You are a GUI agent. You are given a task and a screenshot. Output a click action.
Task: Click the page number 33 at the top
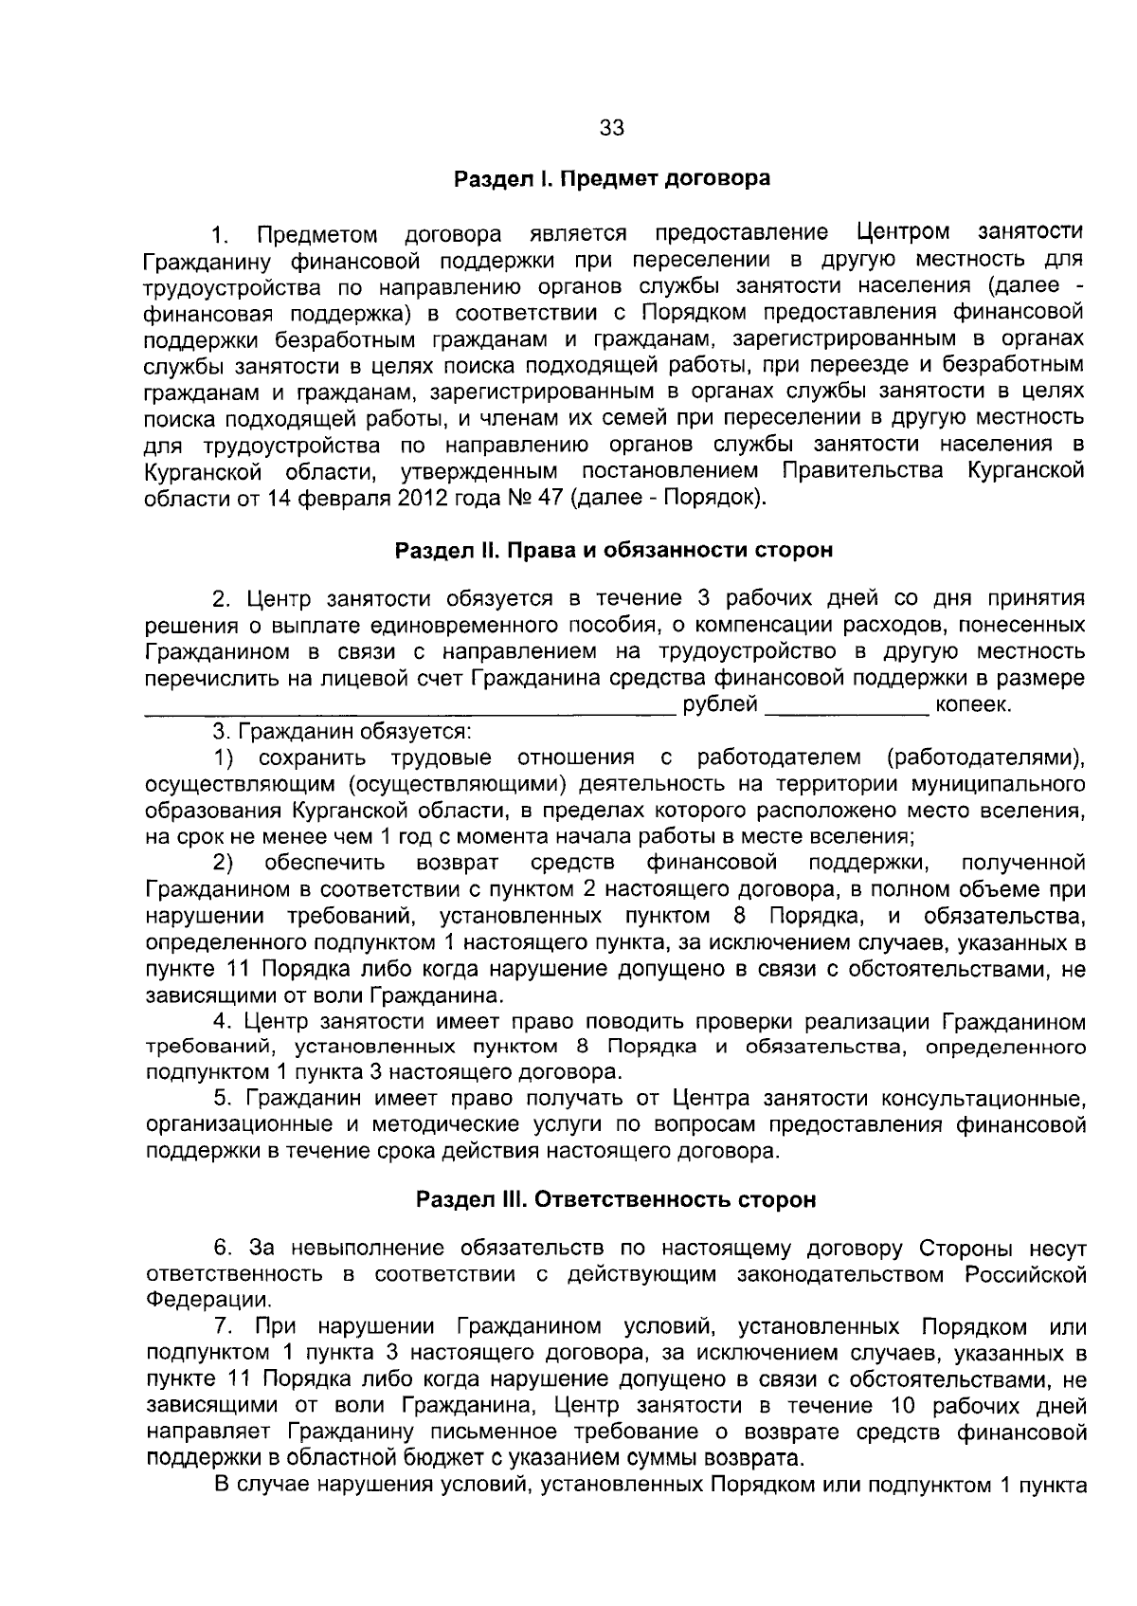coord(612,129)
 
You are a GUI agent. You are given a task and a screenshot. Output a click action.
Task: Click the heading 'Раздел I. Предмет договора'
coord(612,178)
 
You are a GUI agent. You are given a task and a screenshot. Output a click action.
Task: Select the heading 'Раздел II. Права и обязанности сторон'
coord(613,551)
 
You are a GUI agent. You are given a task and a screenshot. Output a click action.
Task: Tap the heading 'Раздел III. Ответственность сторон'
coord(616,1200)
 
